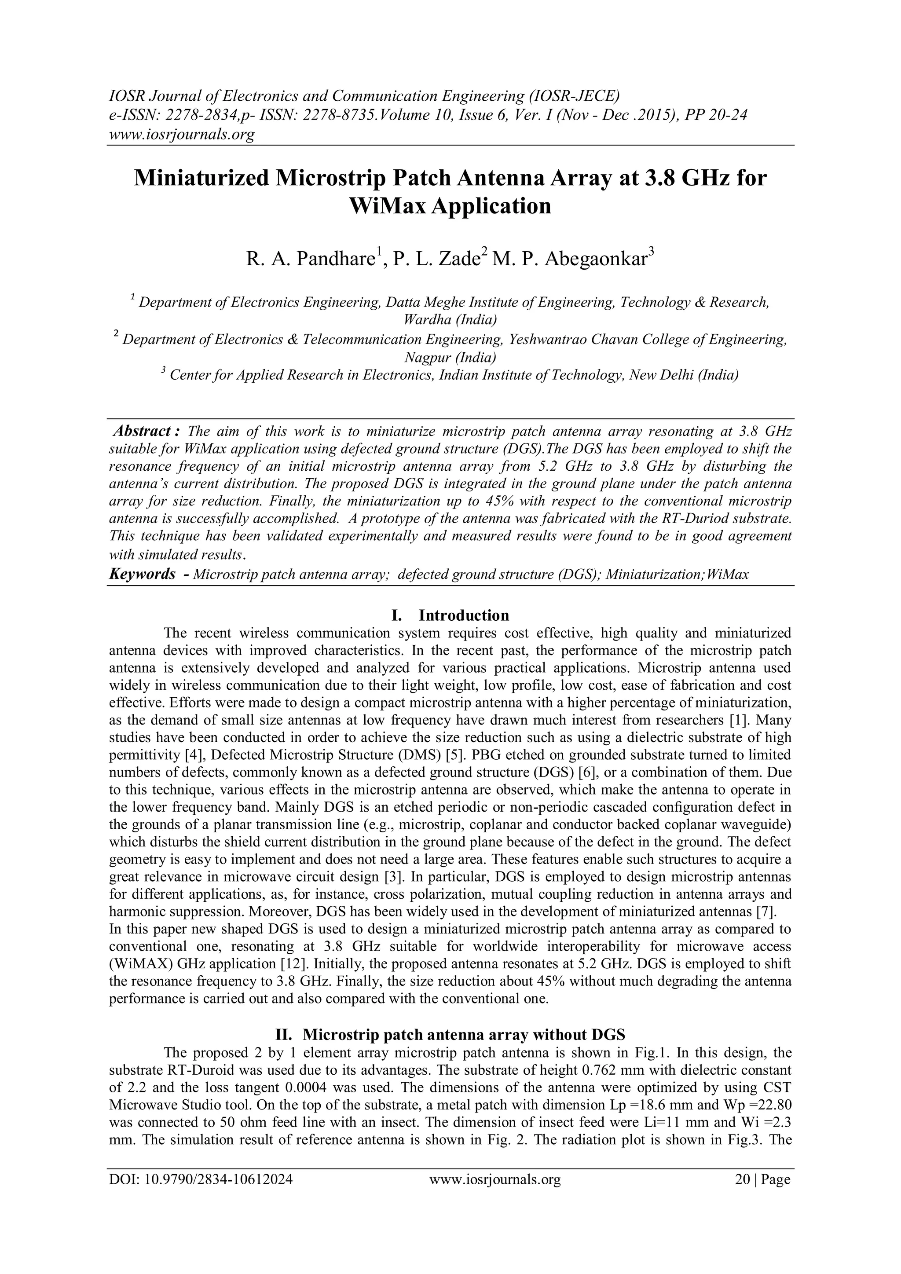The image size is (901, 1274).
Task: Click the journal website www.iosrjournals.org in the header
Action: pos(181,134)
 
